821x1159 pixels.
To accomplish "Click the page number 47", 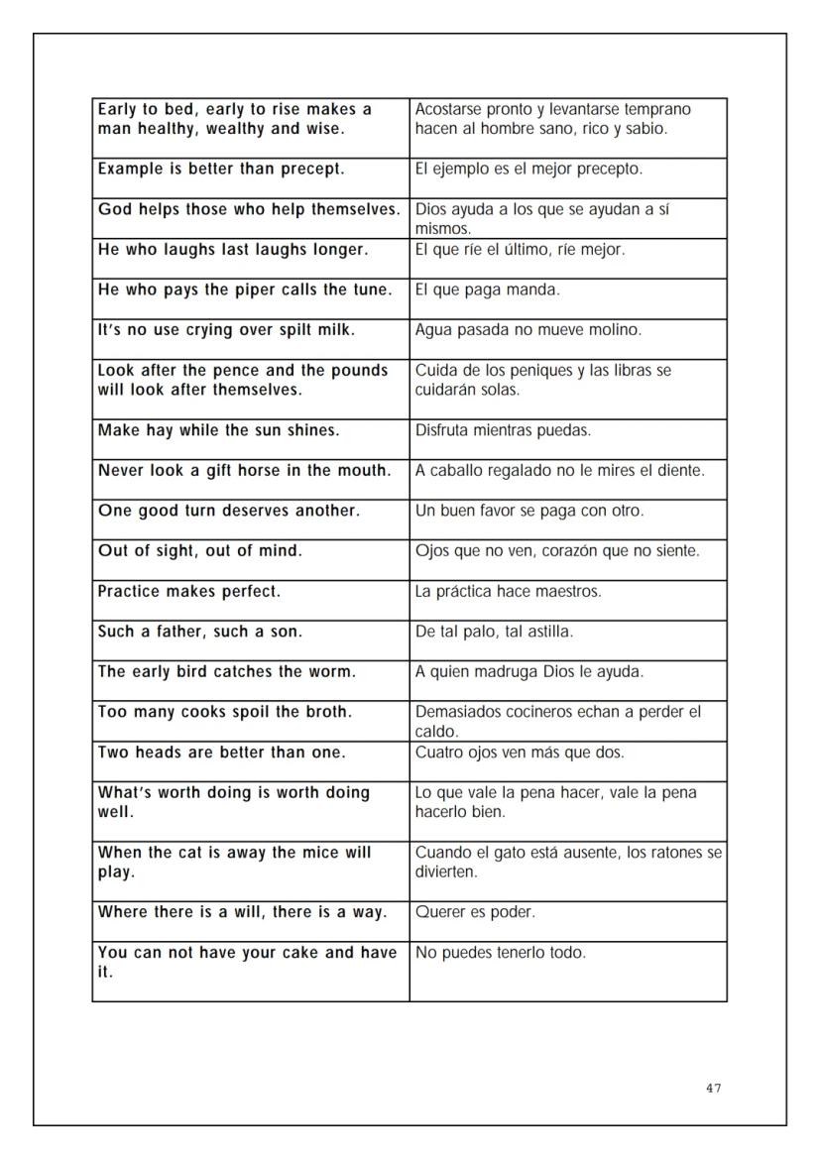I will tap(714, 1089).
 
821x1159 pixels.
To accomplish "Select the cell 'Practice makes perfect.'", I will tap(251, 600).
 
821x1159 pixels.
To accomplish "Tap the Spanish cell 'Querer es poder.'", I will tap(568, 921).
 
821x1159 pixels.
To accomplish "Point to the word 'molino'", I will tap(616, 330).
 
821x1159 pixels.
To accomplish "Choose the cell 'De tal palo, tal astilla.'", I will tap(568, 640).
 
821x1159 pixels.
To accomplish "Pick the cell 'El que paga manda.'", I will tap(568, 298).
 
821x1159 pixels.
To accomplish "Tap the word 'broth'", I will tap(327, 712).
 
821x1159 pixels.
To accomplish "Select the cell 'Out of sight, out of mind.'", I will tap(251, 560).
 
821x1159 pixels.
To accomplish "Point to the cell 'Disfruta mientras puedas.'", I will tap(568, 439).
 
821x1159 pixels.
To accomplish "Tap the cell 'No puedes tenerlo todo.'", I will tap(568, 971).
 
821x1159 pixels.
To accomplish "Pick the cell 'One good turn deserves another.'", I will tap(251, 520).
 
